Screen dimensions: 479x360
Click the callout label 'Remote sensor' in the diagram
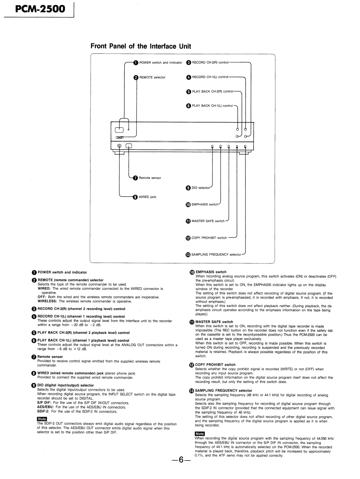click(150, 178)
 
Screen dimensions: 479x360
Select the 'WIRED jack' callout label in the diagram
click(147, 197)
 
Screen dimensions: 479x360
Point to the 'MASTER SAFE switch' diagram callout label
click(208, 221)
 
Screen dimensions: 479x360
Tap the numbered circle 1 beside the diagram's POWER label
click(136, 63)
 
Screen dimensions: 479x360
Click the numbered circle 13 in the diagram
click(188, 255)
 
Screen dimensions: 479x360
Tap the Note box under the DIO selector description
click(42, 419)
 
